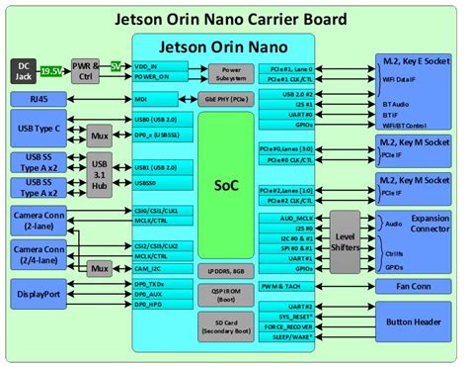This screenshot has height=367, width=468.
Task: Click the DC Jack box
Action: (24, 71)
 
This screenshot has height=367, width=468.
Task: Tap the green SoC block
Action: (225, 185)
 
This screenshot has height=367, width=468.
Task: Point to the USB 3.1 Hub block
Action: (99, 169)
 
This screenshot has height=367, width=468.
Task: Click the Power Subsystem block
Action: (230, 72)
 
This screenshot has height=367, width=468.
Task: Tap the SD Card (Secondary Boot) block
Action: (225, 325)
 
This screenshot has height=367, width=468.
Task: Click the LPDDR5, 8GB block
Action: (225, 269)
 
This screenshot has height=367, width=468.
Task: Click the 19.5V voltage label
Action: (49, 71)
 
